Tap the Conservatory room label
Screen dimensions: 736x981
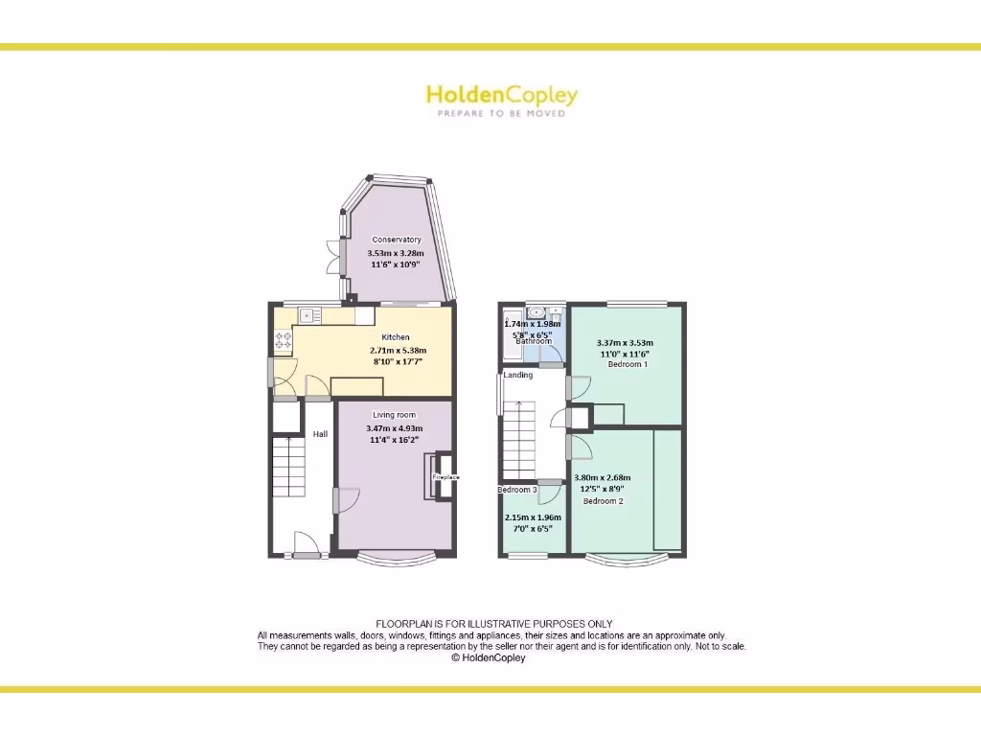pyautogui.click(x=397, y=240)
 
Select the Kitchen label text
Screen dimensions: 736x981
pyautogui.click(x=396, y=337)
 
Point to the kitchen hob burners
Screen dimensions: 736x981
pyautogui.click(x=284, y=339)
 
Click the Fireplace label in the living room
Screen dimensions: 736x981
pyautogui.click(x=445, y=476)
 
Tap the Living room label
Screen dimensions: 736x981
pyautogui.click(x=395, y=415)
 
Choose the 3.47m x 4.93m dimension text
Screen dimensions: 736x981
pyautogui.click(x=395, y=427)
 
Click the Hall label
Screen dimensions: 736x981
pyautogui.click(x=320, y=434)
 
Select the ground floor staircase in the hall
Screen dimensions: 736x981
pyautogui.click(x=287, y=466)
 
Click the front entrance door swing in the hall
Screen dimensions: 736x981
pyautogui.click(x=306, y=543)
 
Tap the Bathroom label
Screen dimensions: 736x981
pyautogui.click(x=534, y=341)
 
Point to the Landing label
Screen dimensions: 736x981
pyautogui.click(x=518, y=375)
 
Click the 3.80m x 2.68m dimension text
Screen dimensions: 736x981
pyautogui.click(x=602, y=477)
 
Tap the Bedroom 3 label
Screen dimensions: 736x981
pyautogui.click(x=515, y=490)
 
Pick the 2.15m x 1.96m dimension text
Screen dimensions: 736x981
pyautogui.click(x=533, y=517)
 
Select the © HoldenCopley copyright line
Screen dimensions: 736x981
pyautogui.click(x=489, y=658)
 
